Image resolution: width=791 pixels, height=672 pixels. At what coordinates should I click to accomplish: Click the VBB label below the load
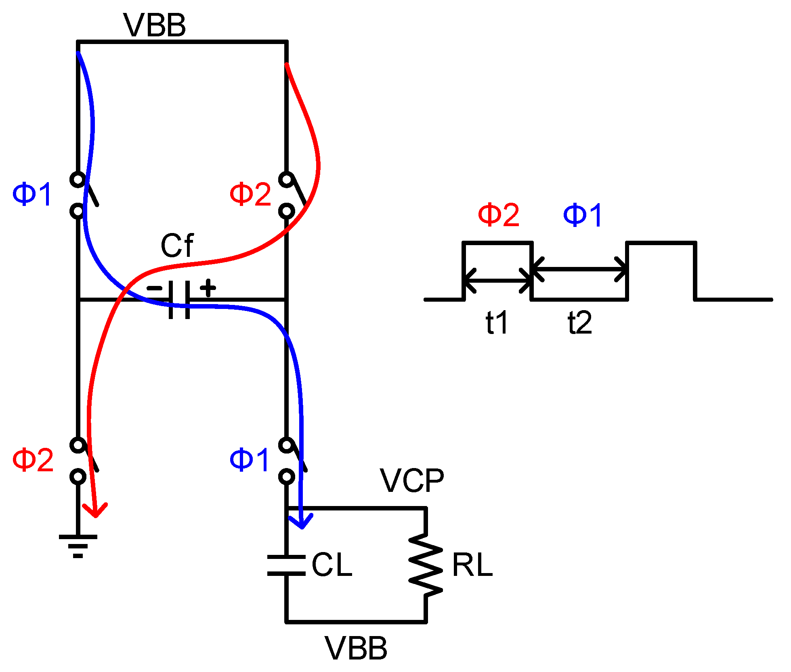356,649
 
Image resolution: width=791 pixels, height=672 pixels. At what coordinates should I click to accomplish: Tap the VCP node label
412,481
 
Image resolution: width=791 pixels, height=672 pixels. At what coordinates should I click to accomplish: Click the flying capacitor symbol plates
179,300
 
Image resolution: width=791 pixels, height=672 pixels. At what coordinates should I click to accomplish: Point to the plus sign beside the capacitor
208,288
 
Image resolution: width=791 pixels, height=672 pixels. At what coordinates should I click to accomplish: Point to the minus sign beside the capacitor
154,288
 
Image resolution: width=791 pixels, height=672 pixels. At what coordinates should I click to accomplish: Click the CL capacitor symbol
286,565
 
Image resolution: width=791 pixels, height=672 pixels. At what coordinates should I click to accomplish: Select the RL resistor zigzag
426,565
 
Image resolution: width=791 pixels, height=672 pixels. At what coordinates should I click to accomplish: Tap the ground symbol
78,545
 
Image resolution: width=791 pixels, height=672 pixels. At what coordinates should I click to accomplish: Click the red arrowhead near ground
95,510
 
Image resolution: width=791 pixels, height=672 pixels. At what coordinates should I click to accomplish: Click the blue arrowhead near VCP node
302,521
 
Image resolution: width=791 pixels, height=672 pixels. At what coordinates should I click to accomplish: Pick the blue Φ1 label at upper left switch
32,194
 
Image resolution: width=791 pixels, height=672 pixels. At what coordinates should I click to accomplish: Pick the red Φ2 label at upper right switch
250,194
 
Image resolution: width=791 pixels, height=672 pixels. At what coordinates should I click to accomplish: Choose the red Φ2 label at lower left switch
33,460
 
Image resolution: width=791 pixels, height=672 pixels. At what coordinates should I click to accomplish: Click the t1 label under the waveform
496,323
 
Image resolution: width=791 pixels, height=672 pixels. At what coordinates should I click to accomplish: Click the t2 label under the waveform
579,323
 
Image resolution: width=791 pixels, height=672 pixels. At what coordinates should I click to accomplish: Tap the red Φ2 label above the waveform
498,215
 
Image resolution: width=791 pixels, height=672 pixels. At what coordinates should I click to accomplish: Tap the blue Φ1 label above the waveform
583,215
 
